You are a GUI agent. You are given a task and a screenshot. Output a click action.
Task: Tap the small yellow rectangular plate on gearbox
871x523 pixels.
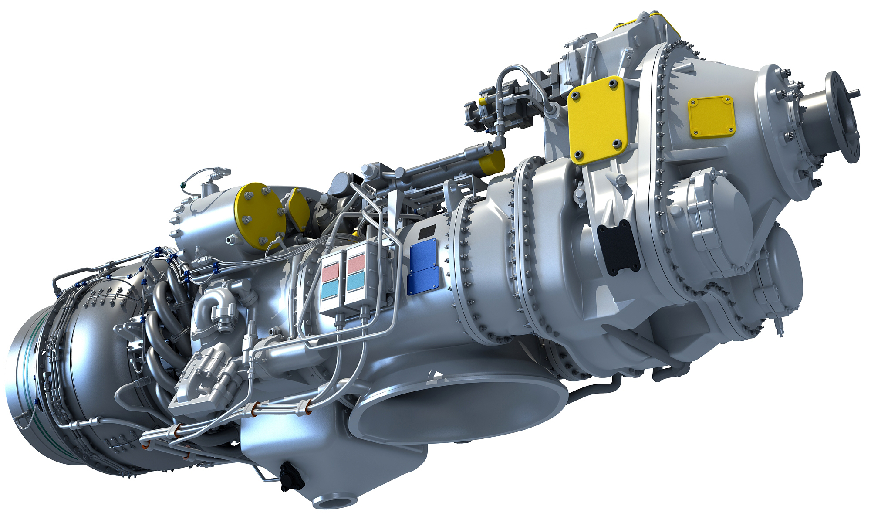pyautogui.click(x=711, y=116)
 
